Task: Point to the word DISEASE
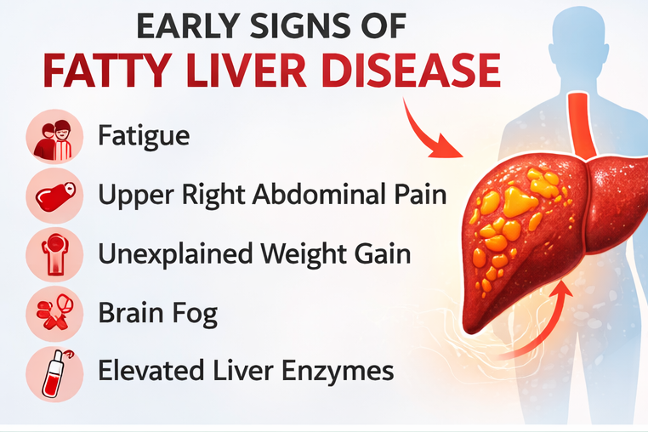(414, 71)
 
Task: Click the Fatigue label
(143, 136)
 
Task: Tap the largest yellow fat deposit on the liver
(519, 201)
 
